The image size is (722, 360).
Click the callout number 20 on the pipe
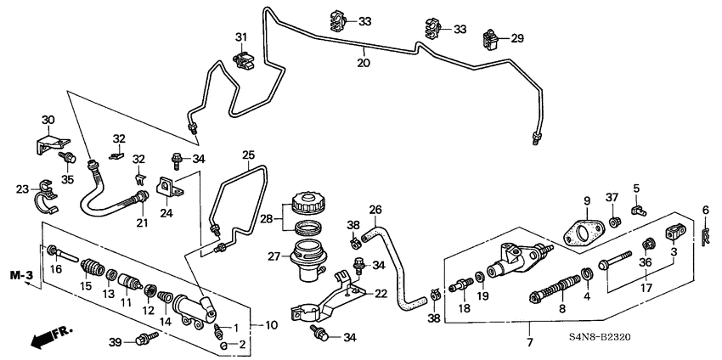tap(363, 63)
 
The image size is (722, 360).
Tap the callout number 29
tap(517, 38)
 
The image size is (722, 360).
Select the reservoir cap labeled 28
tap(305, 205)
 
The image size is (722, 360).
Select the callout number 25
tap(249, 155)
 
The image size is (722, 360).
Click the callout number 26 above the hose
tap(375, 209)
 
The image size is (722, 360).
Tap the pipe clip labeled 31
tap(245, 59)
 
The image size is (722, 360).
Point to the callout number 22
tap(381, 293)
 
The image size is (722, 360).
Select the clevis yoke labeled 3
tap(674, 232)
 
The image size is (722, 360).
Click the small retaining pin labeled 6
tap(705, 233)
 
